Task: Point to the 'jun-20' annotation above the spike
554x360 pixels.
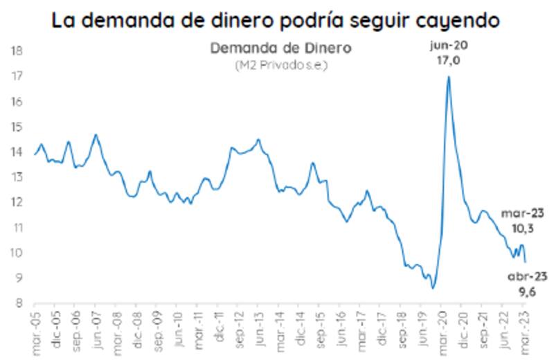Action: click(448, 46)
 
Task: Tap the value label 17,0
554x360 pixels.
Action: click(448, 62)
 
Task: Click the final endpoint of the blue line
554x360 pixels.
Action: click(525, 262)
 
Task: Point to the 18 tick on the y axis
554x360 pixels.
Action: click(17, 51)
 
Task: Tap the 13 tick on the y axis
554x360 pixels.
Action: click(17, 177)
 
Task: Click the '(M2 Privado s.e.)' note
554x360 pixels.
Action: click(280, 65)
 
